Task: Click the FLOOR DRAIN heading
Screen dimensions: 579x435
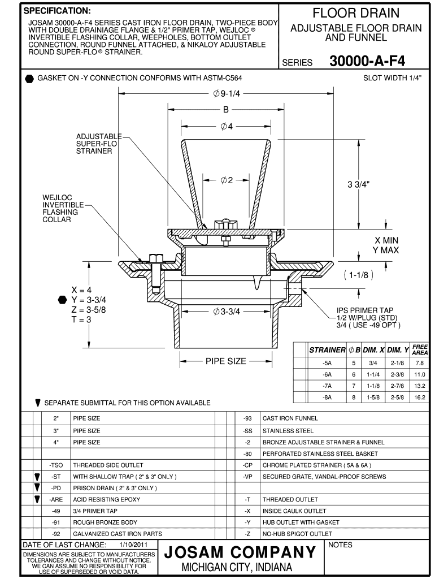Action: (356, 12)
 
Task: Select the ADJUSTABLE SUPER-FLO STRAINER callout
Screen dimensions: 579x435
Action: (99, 144)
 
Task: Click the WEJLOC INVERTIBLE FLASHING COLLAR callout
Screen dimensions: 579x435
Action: (60, 208)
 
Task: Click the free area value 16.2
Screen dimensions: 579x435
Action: (419, 397)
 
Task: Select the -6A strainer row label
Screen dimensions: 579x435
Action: (327, 374)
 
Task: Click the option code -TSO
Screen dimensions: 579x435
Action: (56, 465)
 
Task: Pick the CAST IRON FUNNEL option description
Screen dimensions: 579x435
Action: (290, 418)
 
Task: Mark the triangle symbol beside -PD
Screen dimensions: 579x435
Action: (37, 487)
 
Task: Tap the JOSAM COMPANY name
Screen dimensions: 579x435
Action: (240, 551)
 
